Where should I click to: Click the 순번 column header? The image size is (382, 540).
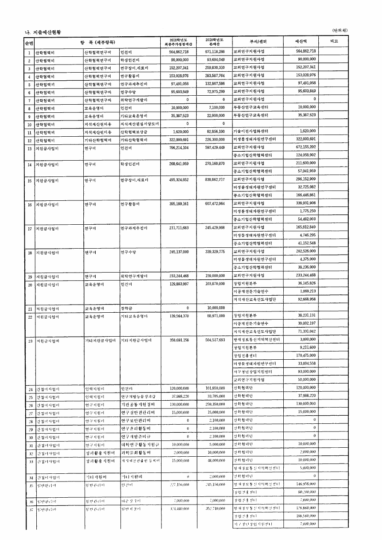29,43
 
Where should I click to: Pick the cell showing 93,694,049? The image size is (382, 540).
215,59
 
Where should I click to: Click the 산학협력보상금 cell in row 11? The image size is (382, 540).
133,132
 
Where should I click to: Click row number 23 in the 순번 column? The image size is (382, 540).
30,340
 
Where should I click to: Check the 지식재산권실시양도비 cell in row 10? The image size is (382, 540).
140,124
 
